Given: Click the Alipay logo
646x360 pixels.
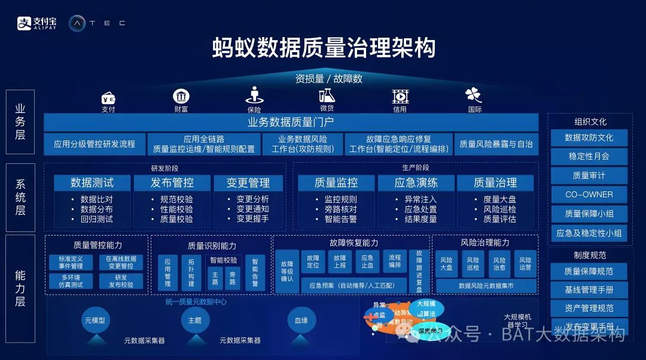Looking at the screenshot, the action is [x=36, y=23].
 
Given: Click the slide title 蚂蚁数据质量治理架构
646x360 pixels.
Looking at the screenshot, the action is [x=324, y=48].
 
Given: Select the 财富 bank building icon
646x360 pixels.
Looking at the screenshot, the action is [x=181, y=96].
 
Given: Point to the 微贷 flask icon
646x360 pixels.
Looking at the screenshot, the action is [x=327, y=95].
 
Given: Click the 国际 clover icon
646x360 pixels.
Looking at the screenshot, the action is [x=474, y=95].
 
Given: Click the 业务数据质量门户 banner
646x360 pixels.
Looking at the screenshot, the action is [x=291, y=123].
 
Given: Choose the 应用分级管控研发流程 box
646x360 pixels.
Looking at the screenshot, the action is [x=95, y=144].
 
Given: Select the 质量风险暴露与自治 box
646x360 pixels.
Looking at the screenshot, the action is [x=495, y=144].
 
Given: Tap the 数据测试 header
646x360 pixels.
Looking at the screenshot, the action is [x=92, y=182].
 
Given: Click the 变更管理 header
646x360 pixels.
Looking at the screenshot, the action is [x=248, y=182].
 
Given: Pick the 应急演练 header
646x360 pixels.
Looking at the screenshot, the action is [x=416, y=182].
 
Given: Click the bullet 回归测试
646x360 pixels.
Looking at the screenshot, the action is [x=96, y=219].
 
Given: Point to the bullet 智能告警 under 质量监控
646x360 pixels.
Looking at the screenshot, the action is [x=340, y=219].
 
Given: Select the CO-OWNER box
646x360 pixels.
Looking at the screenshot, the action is [x=589, y=194].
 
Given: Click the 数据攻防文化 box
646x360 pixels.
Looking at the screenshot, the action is [x=589, y=138].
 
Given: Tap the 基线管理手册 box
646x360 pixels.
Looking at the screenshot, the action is [x=589, y=290].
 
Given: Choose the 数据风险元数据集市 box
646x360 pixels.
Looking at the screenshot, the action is [x=486, y=286].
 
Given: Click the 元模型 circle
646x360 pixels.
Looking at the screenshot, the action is [x=95, y=321].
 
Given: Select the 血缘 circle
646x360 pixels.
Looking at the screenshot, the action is [x=301, y=321].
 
